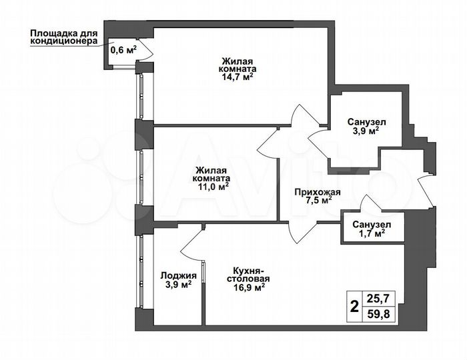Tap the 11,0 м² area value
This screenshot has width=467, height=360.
pos(213,187)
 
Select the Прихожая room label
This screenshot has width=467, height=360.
pos(318,192)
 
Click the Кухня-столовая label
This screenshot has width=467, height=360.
pos(250,275)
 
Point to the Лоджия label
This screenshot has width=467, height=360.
pos(178,275)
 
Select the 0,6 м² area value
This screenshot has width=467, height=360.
pos(123,49)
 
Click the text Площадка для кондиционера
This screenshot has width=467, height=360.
pos(63,37)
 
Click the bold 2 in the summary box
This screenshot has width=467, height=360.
pos(354,307)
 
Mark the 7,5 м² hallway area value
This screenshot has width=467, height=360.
pos(318,201)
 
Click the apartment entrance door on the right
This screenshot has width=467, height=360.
pos(424,190)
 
